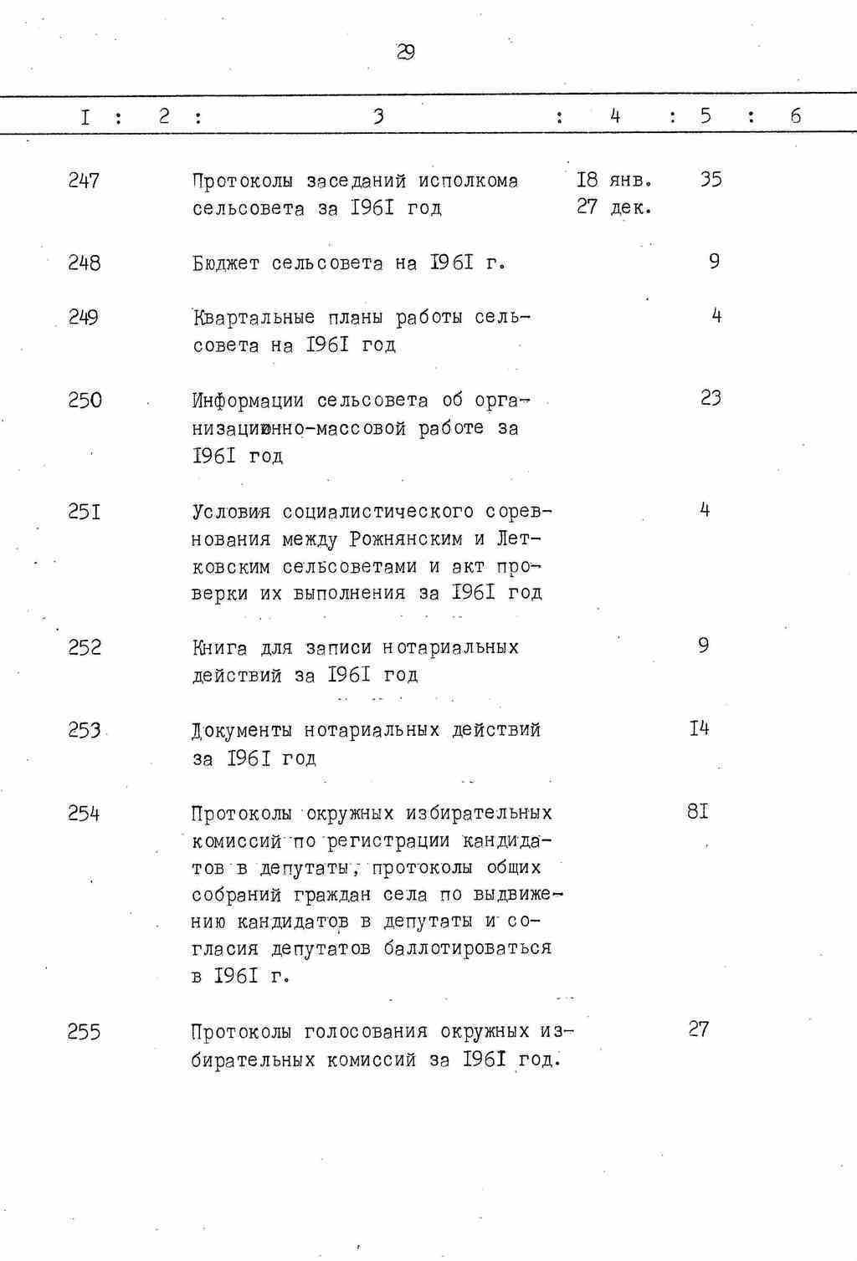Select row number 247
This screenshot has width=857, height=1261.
84,181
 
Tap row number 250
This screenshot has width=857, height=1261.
85,401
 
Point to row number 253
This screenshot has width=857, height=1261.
85,730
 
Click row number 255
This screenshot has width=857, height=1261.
84,1033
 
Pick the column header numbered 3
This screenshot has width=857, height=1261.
378,116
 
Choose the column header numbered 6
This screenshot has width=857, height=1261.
795,116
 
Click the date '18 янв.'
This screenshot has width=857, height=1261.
614,180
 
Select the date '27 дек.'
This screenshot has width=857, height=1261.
614,207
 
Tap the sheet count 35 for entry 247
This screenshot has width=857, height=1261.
711,179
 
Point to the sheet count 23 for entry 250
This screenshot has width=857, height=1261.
711,398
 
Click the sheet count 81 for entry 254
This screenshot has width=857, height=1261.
698,811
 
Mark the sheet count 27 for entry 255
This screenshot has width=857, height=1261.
699,1029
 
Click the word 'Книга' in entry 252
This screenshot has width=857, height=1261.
220,648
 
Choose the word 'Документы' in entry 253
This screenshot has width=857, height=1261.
242,731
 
